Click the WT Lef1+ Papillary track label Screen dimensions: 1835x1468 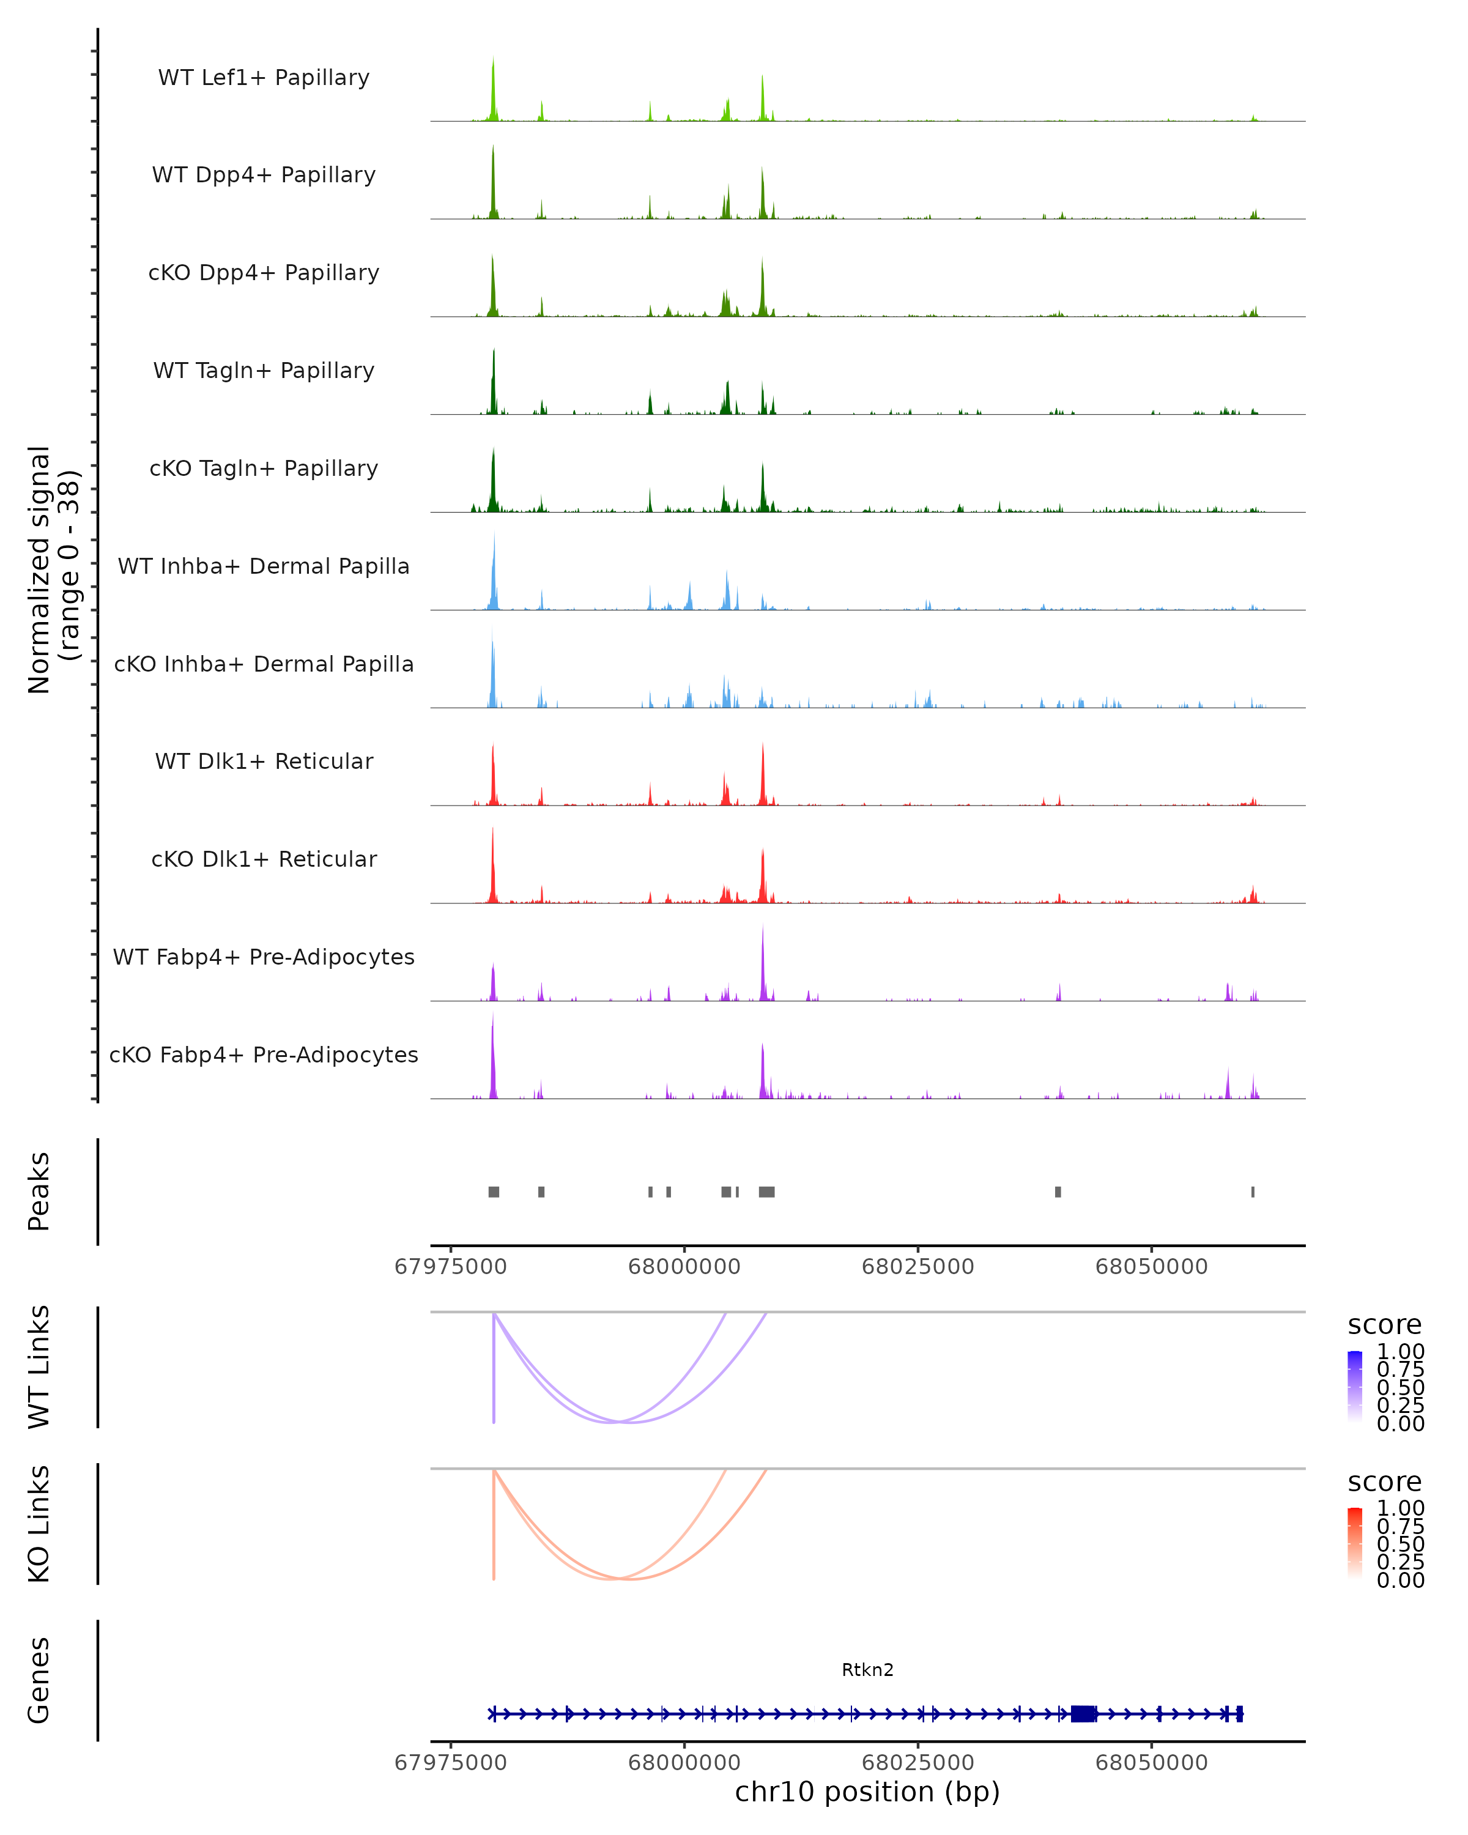point(264,78)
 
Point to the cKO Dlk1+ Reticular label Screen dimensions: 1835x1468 point(264,859)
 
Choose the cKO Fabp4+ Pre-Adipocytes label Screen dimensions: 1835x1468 point(264,1055)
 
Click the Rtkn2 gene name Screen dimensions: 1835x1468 point(867,1670)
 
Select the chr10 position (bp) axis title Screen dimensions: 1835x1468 point(867,1792)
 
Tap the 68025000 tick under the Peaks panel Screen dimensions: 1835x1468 point(917,1267)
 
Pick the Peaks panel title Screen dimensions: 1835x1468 point(39,1192)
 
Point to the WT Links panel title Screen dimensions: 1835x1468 point(39,1367)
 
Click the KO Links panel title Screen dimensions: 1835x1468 point(39,1524)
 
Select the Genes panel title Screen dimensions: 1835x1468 point(39,1680)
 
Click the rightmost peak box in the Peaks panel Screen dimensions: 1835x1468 point(1253,1192)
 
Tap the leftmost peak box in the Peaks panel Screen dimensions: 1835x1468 point(494,1192)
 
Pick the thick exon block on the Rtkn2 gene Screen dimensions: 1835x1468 point(1083,1714)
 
